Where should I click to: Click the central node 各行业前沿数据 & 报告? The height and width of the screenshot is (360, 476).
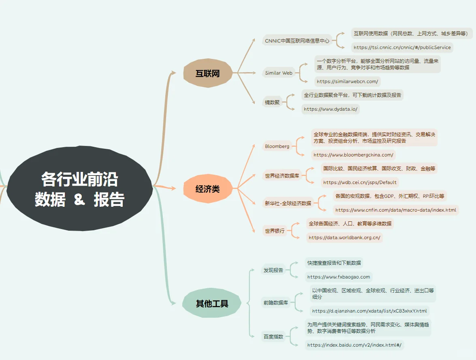79,189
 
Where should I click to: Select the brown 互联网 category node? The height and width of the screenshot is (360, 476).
207,73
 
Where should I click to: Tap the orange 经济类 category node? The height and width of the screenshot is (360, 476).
207,189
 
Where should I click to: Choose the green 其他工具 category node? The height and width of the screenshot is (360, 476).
212,303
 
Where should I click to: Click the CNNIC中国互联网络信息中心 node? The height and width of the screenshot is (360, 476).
297,41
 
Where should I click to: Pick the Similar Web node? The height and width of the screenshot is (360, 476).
279,73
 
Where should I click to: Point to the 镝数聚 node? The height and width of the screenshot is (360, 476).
272,102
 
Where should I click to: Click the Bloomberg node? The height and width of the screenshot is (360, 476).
277,146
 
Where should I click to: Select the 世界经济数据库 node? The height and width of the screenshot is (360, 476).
282,176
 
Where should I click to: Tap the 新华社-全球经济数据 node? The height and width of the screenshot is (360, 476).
288,203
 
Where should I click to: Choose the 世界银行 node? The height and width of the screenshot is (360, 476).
275,231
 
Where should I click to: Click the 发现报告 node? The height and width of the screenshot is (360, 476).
273,270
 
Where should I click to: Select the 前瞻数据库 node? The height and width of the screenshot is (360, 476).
275,302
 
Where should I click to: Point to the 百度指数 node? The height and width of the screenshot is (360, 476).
273,336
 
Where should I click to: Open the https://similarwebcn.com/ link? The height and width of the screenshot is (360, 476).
347,81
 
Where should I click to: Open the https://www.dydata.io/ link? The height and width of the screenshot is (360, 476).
330,109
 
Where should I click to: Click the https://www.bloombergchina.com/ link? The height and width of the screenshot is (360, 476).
353,154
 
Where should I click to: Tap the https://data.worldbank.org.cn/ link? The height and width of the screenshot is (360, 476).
344,238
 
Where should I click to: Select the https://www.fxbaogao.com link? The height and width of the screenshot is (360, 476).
339,277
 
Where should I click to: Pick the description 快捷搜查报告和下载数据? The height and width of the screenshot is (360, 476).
334,263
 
